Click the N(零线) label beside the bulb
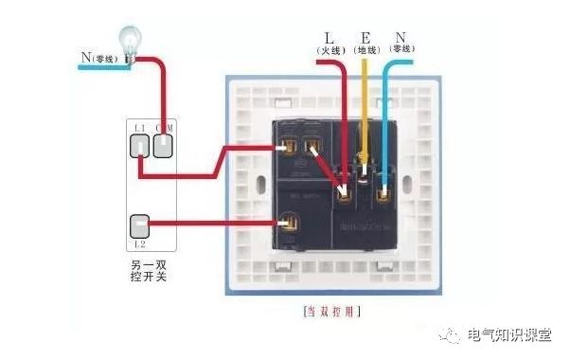tap(100, 59)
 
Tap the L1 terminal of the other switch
tap(139, 144)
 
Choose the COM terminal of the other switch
tap(163, 144)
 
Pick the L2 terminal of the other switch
tap(139, 226)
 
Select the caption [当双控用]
tap(330, 311)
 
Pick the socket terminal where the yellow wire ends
tap(363, 171)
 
